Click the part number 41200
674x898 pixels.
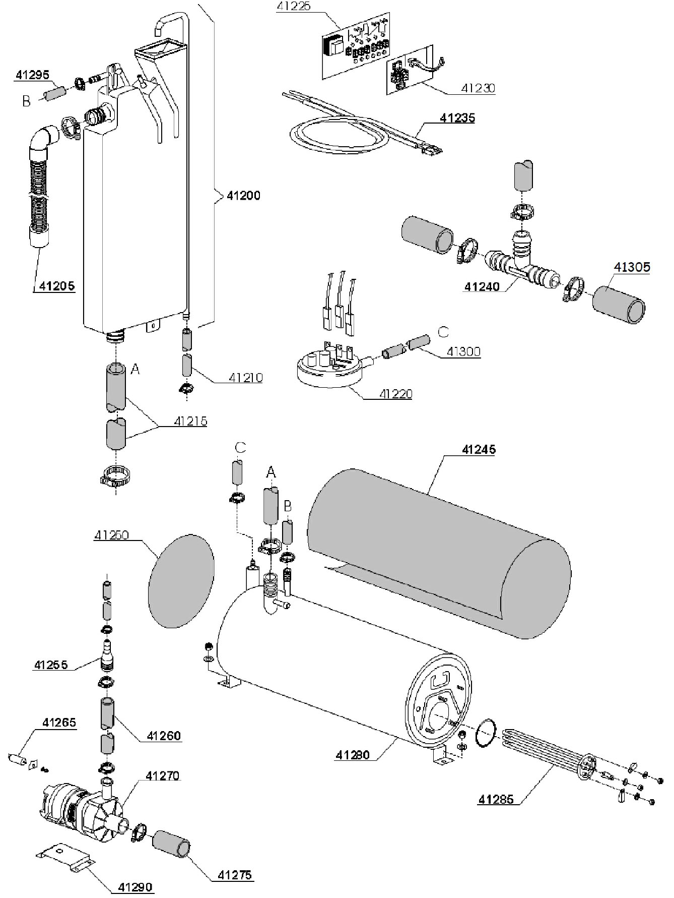(243, 195)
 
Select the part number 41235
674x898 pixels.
(457, 118)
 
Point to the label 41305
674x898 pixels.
(632, 267)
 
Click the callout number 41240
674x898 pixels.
(482, 287)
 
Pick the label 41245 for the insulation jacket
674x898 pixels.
(479, 449)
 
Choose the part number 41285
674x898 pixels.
(496, 799)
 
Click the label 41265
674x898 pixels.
(59, 723)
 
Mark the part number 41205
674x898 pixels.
(57, 286)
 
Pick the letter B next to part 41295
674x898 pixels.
(26, 101)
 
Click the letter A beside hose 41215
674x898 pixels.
(134, 370)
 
